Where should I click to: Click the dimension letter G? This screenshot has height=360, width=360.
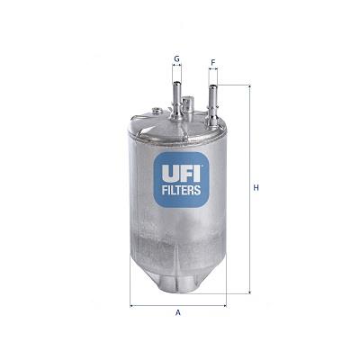coord(176,58)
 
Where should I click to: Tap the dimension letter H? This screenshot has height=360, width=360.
coord(256,187)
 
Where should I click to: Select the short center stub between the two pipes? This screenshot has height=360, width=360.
coord(189,105)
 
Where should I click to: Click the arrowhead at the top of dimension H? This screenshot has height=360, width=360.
coord(246,87)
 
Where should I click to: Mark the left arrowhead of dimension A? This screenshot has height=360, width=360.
coord(133,304)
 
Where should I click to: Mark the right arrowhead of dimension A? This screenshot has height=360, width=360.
coord(224,304)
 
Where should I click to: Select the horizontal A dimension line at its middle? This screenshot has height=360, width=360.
coord(178,304)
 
